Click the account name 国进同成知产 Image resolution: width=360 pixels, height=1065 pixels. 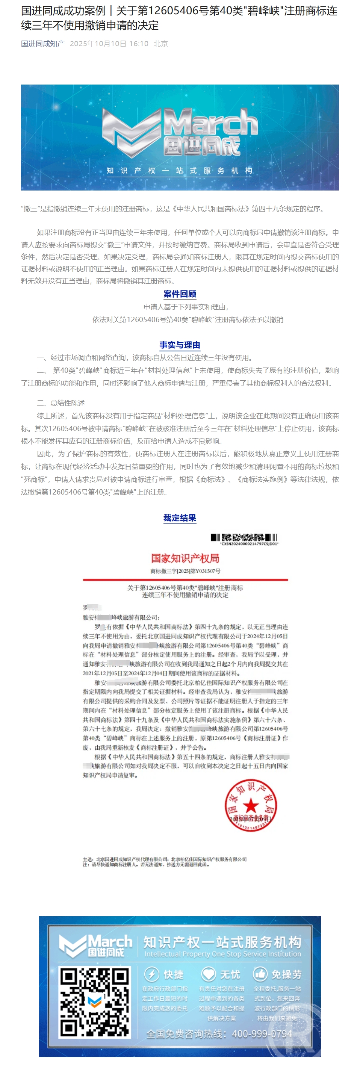(42, 44)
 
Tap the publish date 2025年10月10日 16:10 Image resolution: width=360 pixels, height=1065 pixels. (109, 44)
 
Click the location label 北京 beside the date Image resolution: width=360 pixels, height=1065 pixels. (160, 44)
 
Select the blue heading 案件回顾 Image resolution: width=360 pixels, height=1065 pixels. (180, 294)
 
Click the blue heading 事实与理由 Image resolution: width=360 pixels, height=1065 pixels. (180, 345)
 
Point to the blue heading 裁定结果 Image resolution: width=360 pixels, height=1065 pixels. (180, 517)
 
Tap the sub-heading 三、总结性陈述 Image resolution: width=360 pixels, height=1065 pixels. (61, 403)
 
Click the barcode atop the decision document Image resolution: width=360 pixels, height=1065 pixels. (244, 537)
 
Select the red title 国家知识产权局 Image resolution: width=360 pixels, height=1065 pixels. (185, 558)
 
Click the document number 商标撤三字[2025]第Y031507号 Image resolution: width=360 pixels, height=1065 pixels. (185, 571)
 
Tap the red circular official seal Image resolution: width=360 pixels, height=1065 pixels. (251, 805)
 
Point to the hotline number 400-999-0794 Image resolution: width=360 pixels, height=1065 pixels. (262, 1033)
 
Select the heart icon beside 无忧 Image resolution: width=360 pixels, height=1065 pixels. (208, 974)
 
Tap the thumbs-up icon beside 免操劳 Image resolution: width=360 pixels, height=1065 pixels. (260, 974)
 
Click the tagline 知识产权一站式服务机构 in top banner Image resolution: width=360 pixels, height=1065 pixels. (179, 170)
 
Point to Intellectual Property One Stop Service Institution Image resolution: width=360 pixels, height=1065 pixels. (222, 954)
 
